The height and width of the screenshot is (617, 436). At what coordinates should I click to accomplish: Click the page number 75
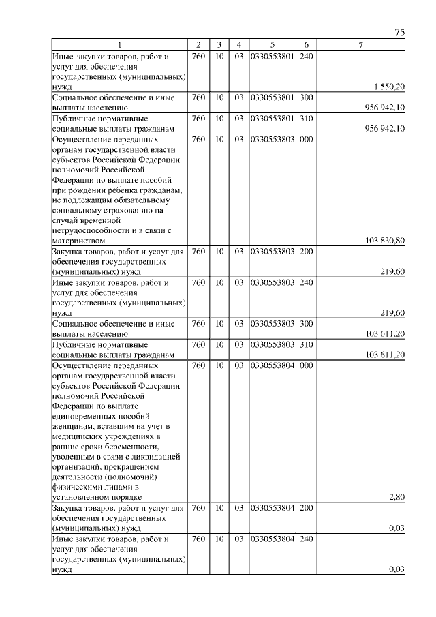point(400,33)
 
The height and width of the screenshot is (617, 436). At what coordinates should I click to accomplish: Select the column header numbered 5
point(272,46)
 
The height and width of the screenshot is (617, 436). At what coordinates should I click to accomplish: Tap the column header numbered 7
point(360,46)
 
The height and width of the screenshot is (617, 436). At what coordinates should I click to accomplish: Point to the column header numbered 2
point(198,46)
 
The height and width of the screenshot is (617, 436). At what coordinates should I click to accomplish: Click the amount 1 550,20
point(390,87)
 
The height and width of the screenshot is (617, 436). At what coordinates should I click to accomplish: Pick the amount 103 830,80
point(386,240)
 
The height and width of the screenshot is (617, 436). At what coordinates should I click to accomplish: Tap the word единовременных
point(85,417)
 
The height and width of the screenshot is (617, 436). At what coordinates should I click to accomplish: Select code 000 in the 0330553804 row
point(306,365)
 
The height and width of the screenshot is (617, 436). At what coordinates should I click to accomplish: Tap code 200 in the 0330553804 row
point(306,509)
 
